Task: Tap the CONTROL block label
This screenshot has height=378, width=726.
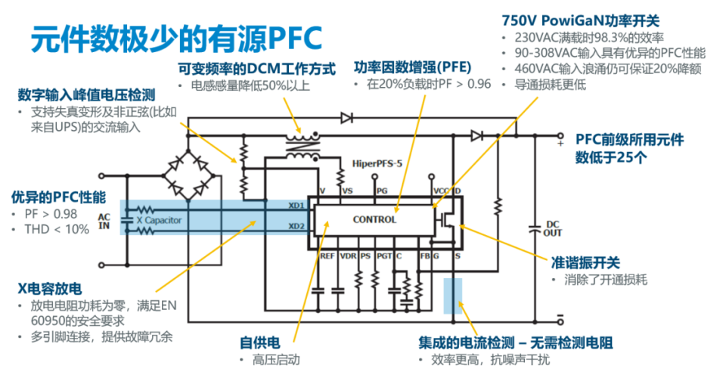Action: click(374, 220)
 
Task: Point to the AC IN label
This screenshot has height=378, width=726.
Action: click(104, 221)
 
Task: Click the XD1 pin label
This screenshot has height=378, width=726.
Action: click(296, 206)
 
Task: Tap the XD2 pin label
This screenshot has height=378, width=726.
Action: click(296, 226)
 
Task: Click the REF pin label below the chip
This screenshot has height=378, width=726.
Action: click(327, 257)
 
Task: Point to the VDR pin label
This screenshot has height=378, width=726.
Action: click(348, 257)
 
